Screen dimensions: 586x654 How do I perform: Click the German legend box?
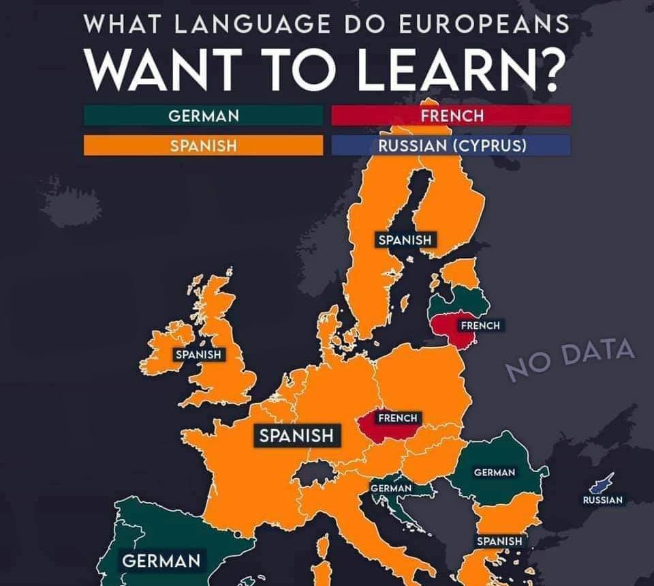point(203,115)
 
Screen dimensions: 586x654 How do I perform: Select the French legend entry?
point(451,115)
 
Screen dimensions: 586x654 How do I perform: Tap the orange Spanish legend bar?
point(203,145)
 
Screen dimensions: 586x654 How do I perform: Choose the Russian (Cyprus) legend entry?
point(451,145)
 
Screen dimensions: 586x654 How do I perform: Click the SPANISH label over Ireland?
point(198,355)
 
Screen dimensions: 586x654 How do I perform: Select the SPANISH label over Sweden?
point(405,239)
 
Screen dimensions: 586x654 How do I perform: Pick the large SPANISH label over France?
point(297,435)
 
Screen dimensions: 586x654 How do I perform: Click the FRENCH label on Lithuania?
point(480,325)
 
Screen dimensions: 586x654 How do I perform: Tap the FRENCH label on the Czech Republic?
point(397,417)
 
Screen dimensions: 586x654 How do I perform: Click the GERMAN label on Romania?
point(495,473)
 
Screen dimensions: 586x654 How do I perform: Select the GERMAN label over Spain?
point(161,561)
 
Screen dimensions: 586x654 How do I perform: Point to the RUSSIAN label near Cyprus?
point(603,500)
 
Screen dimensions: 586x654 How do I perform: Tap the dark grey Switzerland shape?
point(314,471)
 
